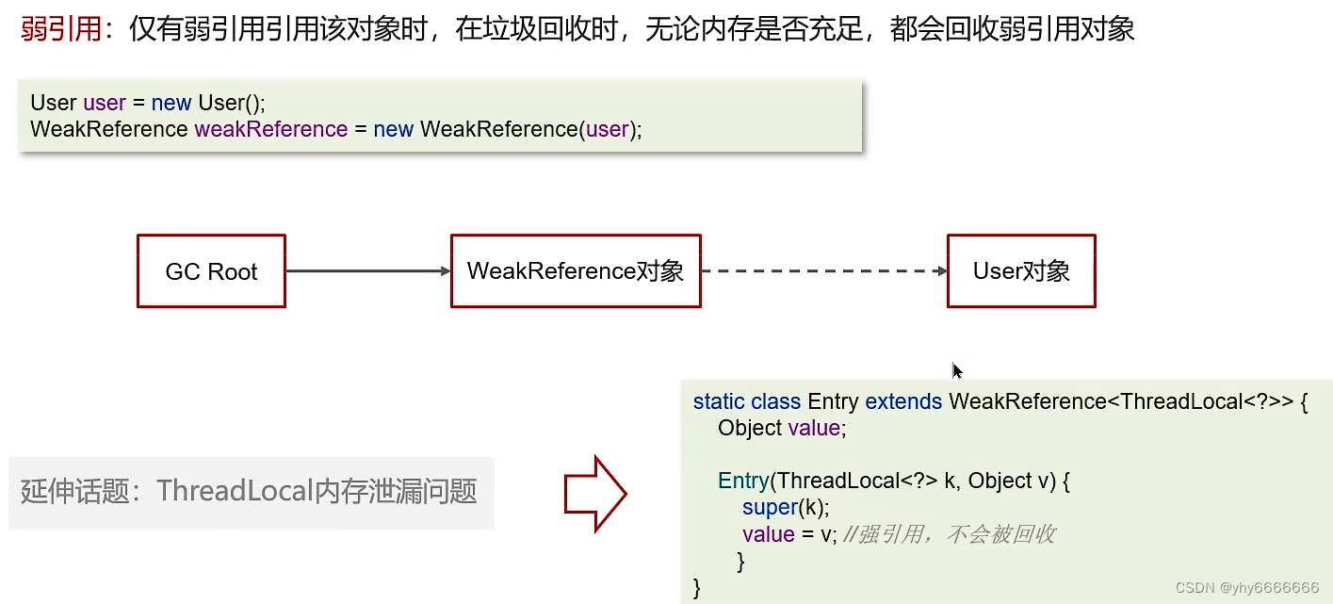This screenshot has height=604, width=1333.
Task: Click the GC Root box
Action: coord(211,271)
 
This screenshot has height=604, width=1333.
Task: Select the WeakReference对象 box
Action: coord(576,271)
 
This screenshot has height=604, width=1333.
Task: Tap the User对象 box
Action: coord(1021,271)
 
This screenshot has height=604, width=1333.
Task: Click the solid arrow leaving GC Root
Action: coord(367,271)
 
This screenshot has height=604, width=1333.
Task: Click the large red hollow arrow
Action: coord(595,493)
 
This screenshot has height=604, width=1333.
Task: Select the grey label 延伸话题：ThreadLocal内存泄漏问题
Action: coord(250,491)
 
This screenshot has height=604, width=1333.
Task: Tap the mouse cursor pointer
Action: coord(956,370)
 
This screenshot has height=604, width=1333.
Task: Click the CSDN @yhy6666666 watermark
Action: coord(1247,587)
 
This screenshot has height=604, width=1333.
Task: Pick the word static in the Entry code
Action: coord(719,401)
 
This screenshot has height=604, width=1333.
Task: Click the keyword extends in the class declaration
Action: coord(903,401)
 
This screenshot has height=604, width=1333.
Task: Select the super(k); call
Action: coord(786,508)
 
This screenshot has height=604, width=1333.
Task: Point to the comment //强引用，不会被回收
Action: coord(950,534)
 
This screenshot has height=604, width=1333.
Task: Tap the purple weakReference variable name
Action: coord(271,129)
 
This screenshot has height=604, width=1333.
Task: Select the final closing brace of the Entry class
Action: coord(697,588)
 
